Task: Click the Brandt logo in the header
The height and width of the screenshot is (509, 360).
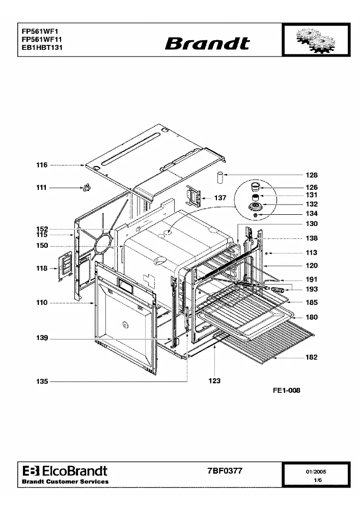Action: (x=207, y=44)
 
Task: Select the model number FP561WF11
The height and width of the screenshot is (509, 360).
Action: (x=42, y=39)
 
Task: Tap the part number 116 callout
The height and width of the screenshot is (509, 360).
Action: (x=42, y=165)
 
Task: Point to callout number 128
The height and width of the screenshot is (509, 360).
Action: (x=312, y=175)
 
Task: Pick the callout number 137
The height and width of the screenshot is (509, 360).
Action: (x=220, y=197)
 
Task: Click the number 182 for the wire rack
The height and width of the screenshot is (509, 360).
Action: (x=311, y=357)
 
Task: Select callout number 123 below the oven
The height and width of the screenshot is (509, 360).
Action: (x=214, y=381)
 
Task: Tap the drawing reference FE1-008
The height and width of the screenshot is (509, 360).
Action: (x=287, y=390)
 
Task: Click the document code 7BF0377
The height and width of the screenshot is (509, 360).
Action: (x=225, y=471)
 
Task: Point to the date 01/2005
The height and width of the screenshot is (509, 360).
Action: (x=316, y=472)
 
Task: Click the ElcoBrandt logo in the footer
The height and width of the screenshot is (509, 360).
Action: (x=65, y=471)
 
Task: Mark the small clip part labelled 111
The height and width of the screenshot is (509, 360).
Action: (x=86, y=188)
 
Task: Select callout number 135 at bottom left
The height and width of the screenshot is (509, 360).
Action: (x=42, y=381)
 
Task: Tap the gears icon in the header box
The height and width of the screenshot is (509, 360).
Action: (x=316, y=40)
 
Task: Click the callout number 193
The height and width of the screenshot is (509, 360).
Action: (x=312, y=289)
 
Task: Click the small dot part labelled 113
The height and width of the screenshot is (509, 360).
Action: (x=266, y=253)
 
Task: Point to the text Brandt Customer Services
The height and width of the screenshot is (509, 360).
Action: (x=65, y=482)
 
